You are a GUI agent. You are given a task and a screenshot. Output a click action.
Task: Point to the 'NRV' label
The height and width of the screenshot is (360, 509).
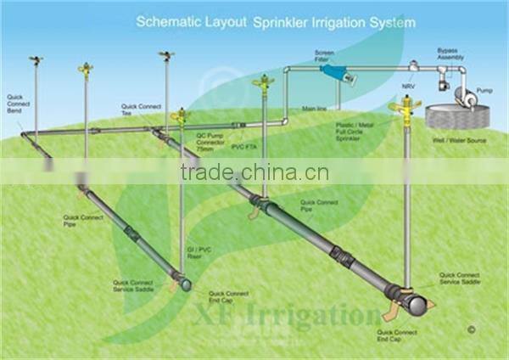(x=408, y=87)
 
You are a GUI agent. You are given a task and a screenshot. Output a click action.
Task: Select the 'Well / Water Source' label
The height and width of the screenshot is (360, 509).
(x=459, y=139)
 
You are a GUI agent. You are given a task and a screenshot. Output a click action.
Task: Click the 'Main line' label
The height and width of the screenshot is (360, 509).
(x=315, y=109)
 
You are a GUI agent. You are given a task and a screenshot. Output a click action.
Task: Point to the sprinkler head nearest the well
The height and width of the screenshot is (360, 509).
(x=405, y=109)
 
